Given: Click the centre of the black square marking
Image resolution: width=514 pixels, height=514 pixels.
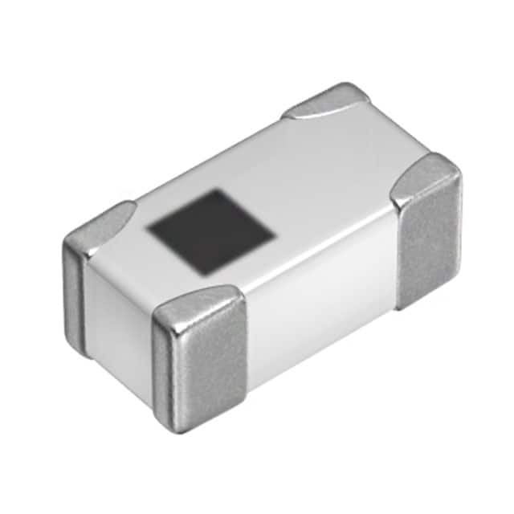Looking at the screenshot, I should pos(211,232).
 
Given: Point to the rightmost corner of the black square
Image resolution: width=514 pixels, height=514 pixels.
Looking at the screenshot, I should pos(276,235).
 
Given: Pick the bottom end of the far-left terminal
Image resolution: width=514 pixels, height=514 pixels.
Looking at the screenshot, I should pos(80,347).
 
